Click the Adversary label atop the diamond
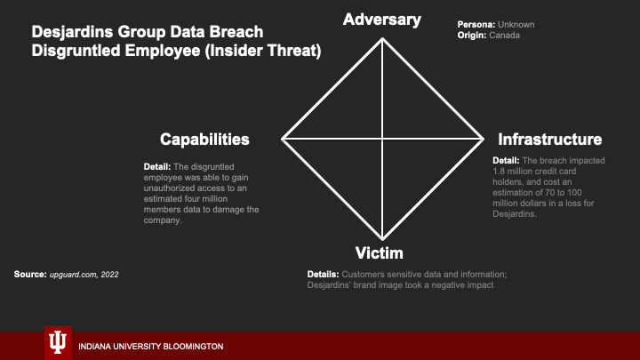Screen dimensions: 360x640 point(382,19)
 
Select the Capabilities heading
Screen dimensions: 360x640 point(204,140)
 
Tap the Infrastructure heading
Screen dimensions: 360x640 point(550,140)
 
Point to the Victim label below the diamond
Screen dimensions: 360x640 point(382,253)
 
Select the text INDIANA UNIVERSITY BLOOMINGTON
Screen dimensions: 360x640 point(151,346)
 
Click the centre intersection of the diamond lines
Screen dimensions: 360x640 point(383,139)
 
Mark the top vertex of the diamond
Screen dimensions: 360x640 point(383,36)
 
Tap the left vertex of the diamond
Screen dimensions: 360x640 point(283,139)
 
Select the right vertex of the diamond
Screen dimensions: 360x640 point(483,139)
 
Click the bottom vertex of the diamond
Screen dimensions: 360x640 point(383,240)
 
